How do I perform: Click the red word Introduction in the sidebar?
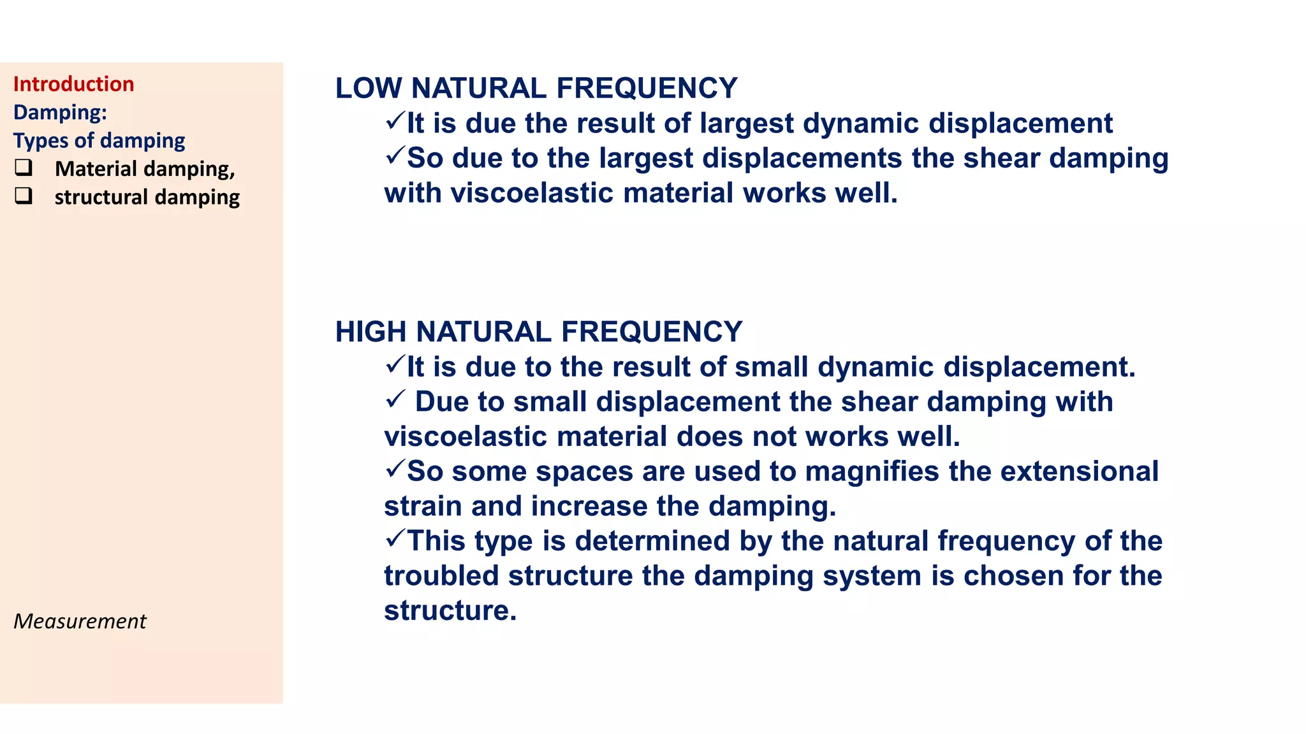pyautogui.click(x=73, y=84)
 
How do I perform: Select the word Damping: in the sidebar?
pyautogui.click(x=60, y=112)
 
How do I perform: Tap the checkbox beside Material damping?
pyautogui.click(x=24, y=168)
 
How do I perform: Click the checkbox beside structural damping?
pyautogui.click(x=24, y=196)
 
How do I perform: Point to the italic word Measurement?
pyautogui.click(x=80, y=621)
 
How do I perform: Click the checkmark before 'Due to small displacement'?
pyautogui.click(x=395, y=399)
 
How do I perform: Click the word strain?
pyautogui.click(x=423, y=507)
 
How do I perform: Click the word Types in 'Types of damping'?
pyautogui.click(x=39, y=141)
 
